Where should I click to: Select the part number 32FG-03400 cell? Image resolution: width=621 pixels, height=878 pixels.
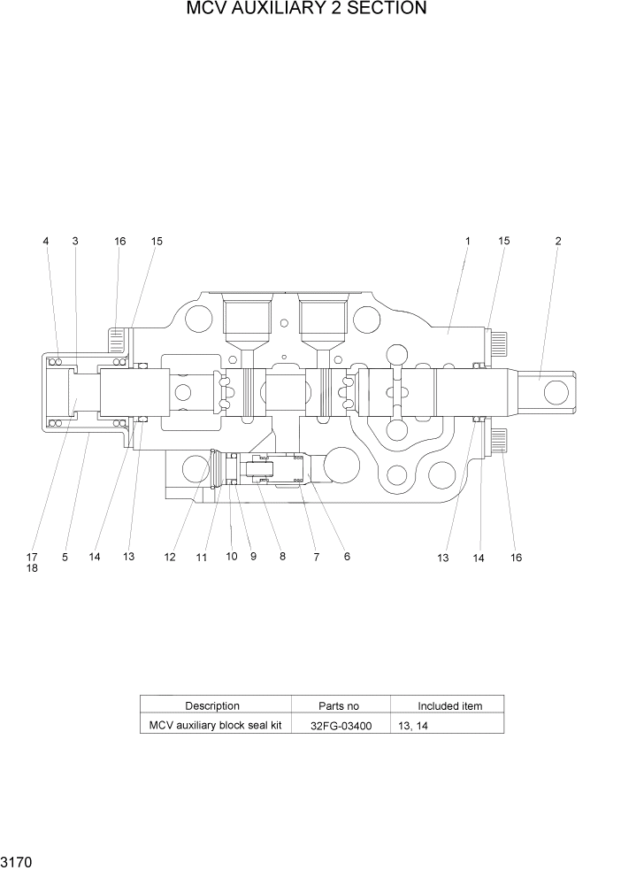(x=341, y=725)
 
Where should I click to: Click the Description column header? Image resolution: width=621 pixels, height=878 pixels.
(x=212, y=705)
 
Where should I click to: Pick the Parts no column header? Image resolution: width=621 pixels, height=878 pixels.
(x=339, y=705)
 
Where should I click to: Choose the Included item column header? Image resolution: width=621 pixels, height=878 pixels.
(x=449, y=705)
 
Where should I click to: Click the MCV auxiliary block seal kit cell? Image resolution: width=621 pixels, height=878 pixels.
(x=215, y=725)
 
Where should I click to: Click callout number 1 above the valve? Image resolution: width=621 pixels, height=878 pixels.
(x=468, y=241)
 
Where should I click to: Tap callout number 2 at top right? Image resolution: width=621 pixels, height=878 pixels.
(x=557, y=241)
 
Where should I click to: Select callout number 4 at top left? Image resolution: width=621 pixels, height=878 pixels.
(x=46, y=241)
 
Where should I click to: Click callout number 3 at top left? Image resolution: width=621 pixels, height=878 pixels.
(x=74, y=241)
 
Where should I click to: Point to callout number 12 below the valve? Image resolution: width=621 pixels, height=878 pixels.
(x=170, y=558)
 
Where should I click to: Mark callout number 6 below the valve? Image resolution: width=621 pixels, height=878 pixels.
(x=347, y=557)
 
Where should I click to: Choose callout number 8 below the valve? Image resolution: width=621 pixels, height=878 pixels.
(x=282, y=557)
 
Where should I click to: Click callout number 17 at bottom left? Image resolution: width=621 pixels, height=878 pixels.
(x=32, y=557)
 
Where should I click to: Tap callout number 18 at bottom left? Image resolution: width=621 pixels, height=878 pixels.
(x=32, y=568)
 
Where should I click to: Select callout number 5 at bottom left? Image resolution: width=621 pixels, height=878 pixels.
(x=65, y=558)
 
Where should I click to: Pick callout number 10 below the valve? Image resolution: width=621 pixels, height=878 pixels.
(x=231, y=557)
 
